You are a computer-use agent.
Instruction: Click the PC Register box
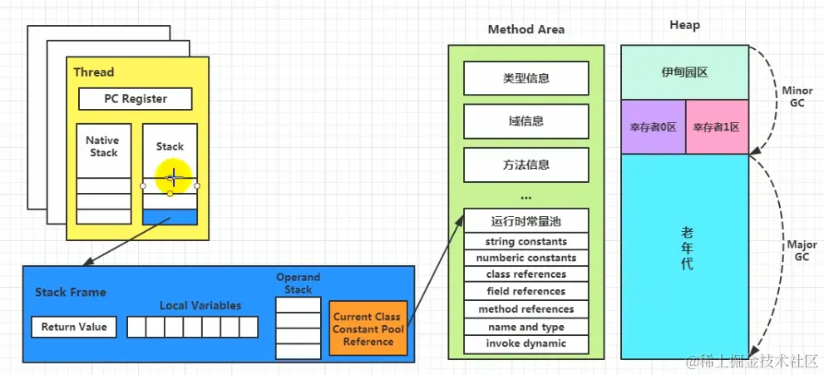[x=135, y=99]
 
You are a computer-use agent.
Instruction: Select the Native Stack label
[x=102, y=147]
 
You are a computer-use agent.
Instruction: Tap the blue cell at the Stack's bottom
[x=170, y=217]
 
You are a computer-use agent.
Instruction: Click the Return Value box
[x=74, y=327]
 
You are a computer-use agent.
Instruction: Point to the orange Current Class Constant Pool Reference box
[x=368, y=328]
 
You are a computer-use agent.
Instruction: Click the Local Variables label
[x=200, y=305]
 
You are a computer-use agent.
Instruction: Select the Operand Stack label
[x=299, y=284]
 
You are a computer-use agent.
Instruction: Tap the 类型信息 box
[x=525, y=78]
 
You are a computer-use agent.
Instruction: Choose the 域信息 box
[x=525, y=121]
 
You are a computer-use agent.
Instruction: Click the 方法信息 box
[x=525, y=165]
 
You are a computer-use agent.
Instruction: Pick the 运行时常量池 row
[x=525, y=221]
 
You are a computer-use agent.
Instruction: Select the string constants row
[x=525, y=241]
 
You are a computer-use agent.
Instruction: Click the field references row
[x=525, y=291]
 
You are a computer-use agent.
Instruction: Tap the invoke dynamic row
[x=525, y=343]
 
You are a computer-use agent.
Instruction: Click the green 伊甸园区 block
[x=684, y=72]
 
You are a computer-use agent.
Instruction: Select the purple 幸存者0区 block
[x=653, y=127]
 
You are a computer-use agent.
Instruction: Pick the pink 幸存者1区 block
[x=717, y=127]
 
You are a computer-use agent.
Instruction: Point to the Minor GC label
[x=797, y=96]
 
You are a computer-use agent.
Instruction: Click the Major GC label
[x=801, y=251]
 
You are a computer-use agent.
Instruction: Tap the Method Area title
[x=525, y=29]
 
